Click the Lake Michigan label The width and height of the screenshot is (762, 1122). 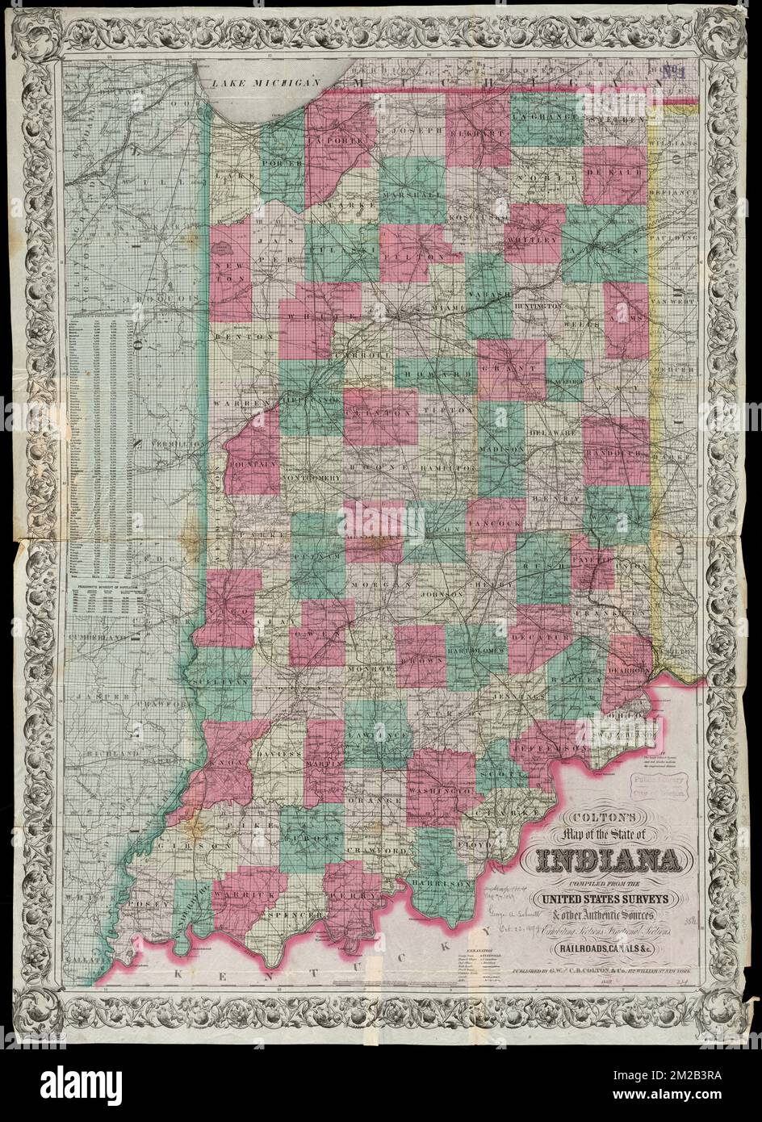coord(262,82)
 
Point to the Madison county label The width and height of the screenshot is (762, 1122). coord(501,448)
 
